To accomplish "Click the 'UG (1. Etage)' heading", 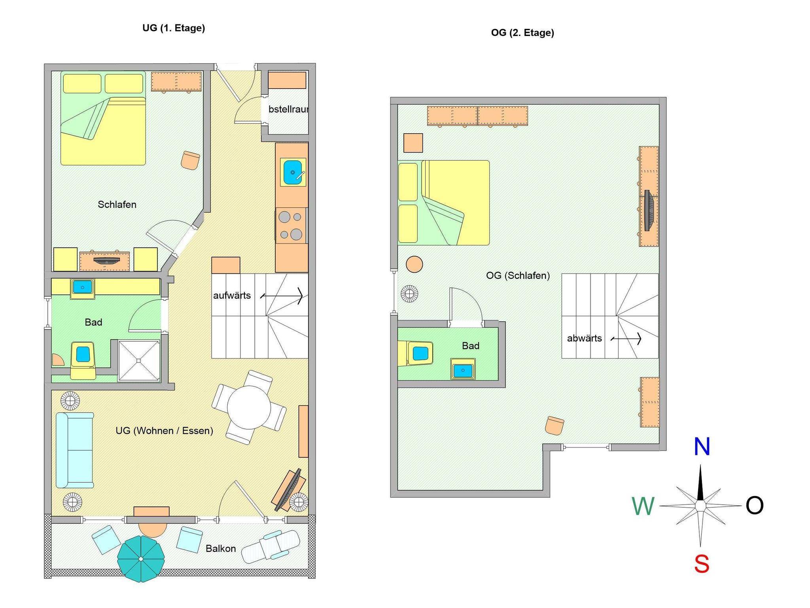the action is [174, 28].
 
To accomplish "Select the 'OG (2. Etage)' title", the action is [522, 33].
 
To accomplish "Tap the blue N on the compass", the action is [702, 447].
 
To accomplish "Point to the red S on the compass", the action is [702, 564].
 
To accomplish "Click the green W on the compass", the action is [643, 506].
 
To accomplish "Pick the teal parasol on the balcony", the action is [141, 559].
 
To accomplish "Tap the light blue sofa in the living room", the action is [75, 450].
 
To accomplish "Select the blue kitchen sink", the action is [293, 172].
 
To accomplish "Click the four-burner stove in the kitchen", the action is [291, 225].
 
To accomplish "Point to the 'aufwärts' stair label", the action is [232, 295].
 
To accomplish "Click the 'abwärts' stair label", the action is [584, 338].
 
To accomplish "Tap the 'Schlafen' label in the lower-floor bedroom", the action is [117, 204].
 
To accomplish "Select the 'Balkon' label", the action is [221, 548].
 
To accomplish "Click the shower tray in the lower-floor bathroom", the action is [139, 361].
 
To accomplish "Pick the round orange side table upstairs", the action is [414, 264].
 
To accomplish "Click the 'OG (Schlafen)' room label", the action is [518, 276].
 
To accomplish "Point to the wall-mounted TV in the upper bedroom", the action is [648, 210].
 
